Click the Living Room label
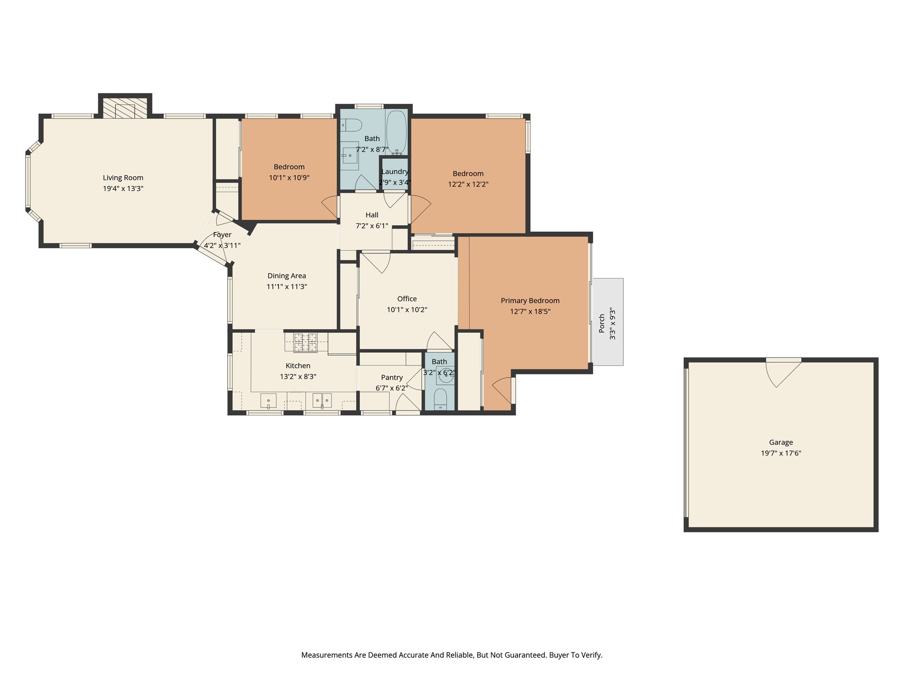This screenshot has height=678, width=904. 123,177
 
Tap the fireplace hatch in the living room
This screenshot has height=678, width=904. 125,108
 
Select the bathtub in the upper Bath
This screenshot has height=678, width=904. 396,132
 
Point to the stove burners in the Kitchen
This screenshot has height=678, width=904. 305,343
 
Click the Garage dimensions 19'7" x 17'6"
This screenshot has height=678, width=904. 781,453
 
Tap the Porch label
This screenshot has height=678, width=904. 602,323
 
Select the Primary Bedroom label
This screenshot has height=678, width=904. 530,301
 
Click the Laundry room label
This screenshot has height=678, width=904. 395,172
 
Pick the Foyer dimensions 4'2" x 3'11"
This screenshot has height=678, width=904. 222,245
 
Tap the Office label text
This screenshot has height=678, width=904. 407,299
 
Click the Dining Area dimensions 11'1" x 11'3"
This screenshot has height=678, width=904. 286,286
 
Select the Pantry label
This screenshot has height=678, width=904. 392,377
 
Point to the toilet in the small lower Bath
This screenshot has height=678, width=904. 440,398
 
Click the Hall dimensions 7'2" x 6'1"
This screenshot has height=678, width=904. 372,226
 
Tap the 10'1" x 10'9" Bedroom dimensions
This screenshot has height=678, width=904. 289,178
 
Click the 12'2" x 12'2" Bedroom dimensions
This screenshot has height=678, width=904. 468,185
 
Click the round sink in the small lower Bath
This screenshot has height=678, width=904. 446,376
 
